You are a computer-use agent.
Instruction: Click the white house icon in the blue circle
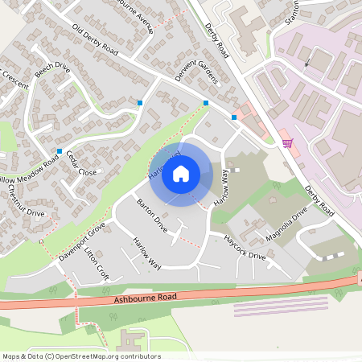click(181, 173)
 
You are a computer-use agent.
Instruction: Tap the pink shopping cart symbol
click(287, 142)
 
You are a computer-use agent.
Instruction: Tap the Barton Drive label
click(152, 215)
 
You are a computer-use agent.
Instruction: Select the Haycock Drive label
click(245, 249)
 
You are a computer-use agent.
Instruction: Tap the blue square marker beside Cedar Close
click(60, 150)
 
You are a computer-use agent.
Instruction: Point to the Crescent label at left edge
click(14, 85)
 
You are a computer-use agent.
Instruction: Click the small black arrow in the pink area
click(306, 62)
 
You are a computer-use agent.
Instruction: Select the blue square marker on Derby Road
click(234, 117)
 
